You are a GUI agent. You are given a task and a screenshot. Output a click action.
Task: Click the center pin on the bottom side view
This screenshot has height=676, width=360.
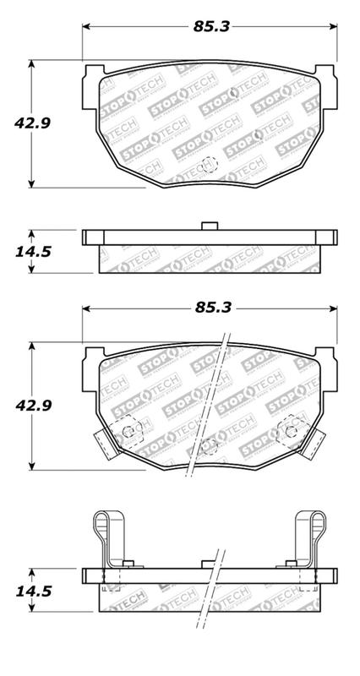tap(209, 563)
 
